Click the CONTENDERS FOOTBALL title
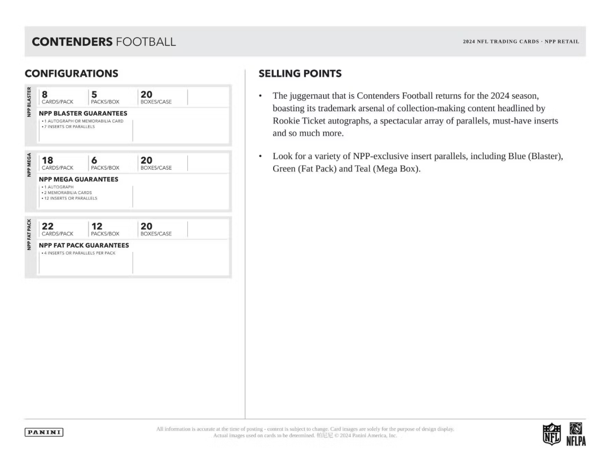104,42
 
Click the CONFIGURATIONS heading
72,73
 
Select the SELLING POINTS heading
300,73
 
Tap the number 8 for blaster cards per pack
45,94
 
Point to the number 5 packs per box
94,94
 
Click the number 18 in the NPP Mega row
47,160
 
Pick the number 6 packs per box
94,160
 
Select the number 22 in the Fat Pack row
47,226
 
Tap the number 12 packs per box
96,226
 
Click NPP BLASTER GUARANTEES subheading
83,113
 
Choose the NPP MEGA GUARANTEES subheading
78,179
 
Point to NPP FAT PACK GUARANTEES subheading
84,245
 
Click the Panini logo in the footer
44,432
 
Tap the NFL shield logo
551,434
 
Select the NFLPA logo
576,434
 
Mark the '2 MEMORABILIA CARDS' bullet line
66,192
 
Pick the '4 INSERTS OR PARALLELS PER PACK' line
78,253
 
